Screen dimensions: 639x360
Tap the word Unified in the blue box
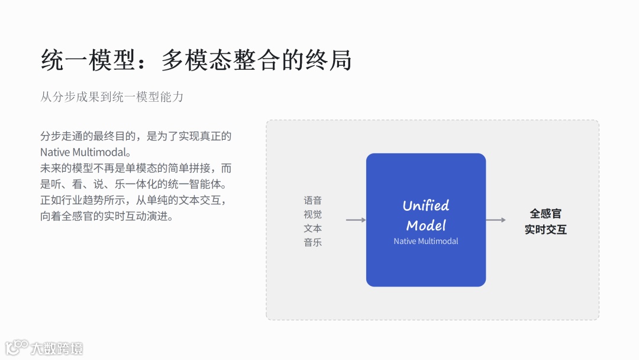(x=425, y=205)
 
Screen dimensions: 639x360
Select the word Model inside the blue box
(x=425, y=225)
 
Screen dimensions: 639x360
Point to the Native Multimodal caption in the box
(x=425, y=241)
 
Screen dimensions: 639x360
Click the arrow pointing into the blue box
(x=356, y=220)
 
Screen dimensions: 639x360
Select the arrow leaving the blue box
(x=496, y=220)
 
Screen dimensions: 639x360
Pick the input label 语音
(x=312, y=201)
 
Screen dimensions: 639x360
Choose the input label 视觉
(x=312, y=214)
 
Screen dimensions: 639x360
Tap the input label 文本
(x=312, y=228)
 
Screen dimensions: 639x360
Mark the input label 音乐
(x=312, y=242)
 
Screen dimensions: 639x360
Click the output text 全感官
(x=545, y=214)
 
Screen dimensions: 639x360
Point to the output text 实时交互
(x=545, y=229)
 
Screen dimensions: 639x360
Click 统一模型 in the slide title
(x=89, y=60)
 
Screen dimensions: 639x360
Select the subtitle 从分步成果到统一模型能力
(x=112, y=97)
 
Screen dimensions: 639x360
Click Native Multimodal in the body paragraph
(x=85, y=152)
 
